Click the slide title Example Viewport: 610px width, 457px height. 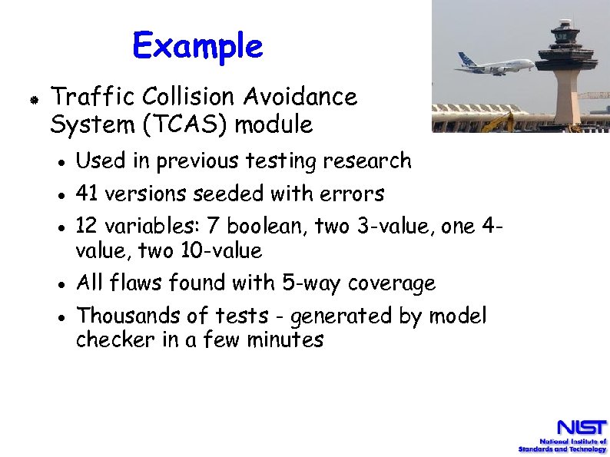point(197,46)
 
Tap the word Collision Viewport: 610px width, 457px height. point(188,98)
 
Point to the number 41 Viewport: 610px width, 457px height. point(88,194)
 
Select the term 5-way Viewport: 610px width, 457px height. point(312,283)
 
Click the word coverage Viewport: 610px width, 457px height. point(392,283)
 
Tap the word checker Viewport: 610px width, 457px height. point(116,340)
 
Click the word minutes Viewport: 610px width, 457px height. point(285,340)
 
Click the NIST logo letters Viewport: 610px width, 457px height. point(582,427)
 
